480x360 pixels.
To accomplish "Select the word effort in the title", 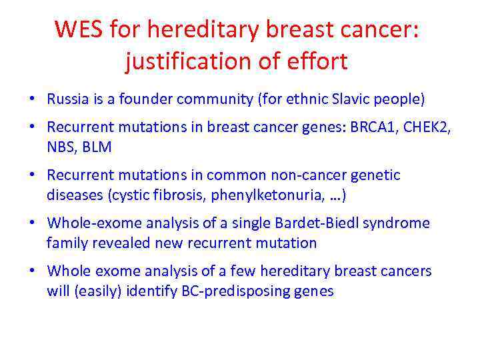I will [x=317, y=62].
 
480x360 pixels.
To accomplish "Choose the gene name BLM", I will [x=96, y=147].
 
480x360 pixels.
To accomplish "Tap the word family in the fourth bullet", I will [x=66, y=243].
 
